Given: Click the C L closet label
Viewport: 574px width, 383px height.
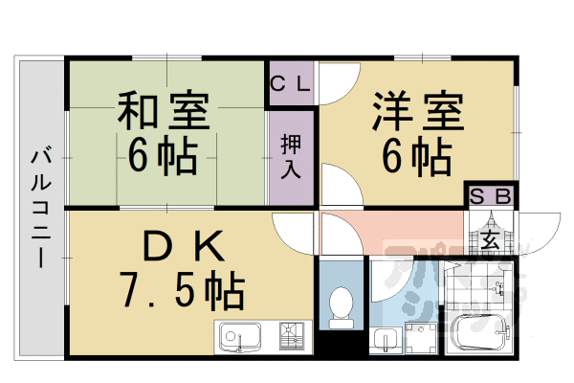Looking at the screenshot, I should (290, 82).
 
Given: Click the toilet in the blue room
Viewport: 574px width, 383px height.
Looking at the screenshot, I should (340, 304).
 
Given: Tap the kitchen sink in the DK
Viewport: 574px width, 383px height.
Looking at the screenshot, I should (238, 337).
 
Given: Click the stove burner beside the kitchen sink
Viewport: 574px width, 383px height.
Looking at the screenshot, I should (291, 337).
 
